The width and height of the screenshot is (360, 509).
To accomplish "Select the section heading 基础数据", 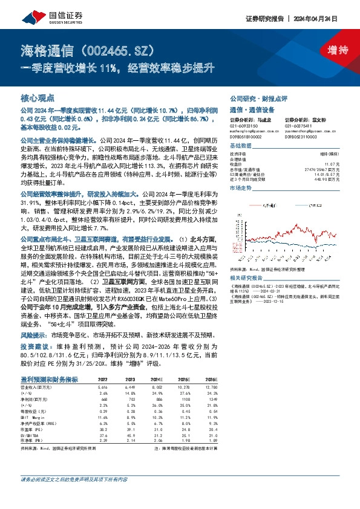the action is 240,146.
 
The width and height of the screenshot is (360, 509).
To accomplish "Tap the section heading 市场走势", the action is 240,189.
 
